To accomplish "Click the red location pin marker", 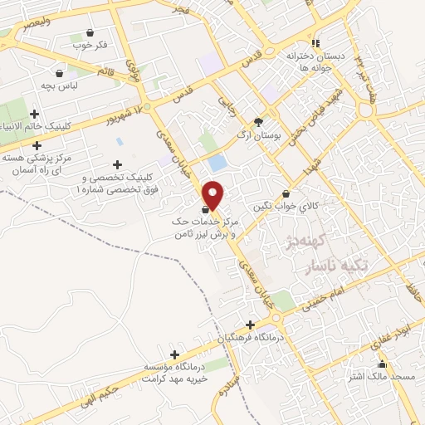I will click(213, 193).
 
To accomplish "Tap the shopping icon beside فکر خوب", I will click(89, 32).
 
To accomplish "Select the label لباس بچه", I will click(61, 85).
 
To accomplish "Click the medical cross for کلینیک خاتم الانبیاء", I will click(34, 114).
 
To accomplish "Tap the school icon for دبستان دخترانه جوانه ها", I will click(315, 43).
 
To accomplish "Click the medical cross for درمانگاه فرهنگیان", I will click(250, 325).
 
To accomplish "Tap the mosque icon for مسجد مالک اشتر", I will click(382, 364).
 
